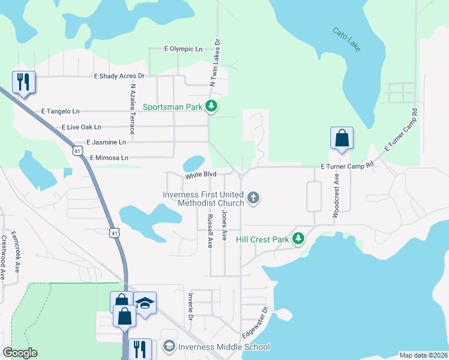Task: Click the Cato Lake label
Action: coord(347,38)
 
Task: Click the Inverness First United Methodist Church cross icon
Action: coord(254,197)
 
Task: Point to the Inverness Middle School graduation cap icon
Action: coord(169,347)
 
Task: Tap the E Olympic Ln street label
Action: coord(183,49)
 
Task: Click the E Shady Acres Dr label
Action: coord(120,76)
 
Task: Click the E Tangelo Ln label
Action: coord(60,112)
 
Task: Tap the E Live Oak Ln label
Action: coord(82,127)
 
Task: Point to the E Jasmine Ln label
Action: coord(106,142)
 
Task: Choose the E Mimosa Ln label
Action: coord(109,158)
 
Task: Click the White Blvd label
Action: coord(200,176)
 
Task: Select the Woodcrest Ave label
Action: coord(337,196)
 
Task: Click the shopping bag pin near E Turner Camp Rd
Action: coord(342,138)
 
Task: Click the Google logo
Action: coord(20,353)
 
